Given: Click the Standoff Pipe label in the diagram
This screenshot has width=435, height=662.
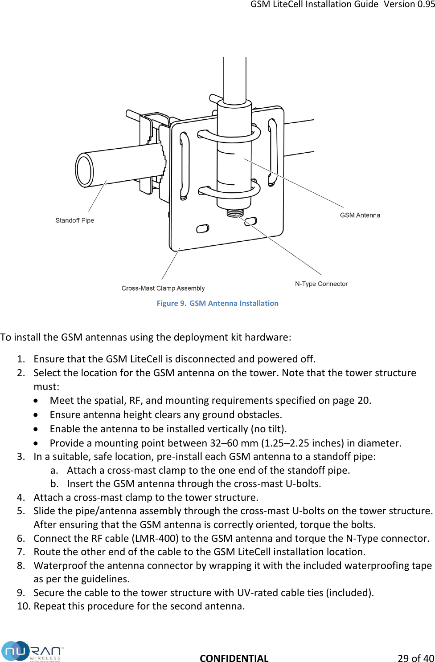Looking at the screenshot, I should tap(74, 220).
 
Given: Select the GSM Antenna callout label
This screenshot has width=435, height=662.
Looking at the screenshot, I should tap(360, 215).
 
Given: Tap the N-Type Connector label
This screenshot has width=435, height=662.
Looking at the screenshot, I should tap(321, 284).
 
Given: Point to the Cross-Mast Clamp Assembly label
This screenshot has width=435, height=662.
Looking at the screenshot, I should tap(163, 288).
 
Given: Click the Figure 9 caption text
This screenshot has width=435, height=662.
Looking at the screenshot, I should tap(217, 303).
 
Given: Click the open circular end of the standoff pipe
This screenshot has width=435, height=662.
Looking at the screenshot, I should tap(84, 170).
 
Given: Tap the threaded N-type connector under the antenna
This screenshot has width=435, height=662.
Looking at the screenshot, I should tap(235, 212).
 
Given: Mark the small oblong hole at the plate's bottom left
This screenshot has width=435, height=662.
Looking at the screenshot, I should tap(203, 229).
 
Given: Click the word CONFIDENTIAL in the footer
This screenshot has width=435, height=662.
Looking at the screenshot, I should tap(234, 658).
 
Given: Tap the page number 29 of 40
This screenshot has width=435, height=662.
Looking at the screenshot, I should tap(415, 658).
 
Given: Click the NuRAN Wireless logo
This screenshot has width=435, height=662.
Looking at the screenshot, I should tap(31, 651).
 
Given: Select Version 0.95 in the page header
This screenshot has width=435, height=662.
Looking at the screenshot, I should tap(409, 4).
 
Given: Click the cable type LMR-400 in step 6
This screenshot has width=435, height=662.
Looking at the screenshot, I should tap(156, 538).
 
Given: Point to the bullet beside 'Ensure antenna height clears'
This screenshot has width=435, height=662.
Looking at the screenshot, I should tap(36, 415).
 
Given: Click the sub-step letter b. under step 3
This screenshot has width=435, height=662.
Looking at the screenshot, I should tap(54, 484).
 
